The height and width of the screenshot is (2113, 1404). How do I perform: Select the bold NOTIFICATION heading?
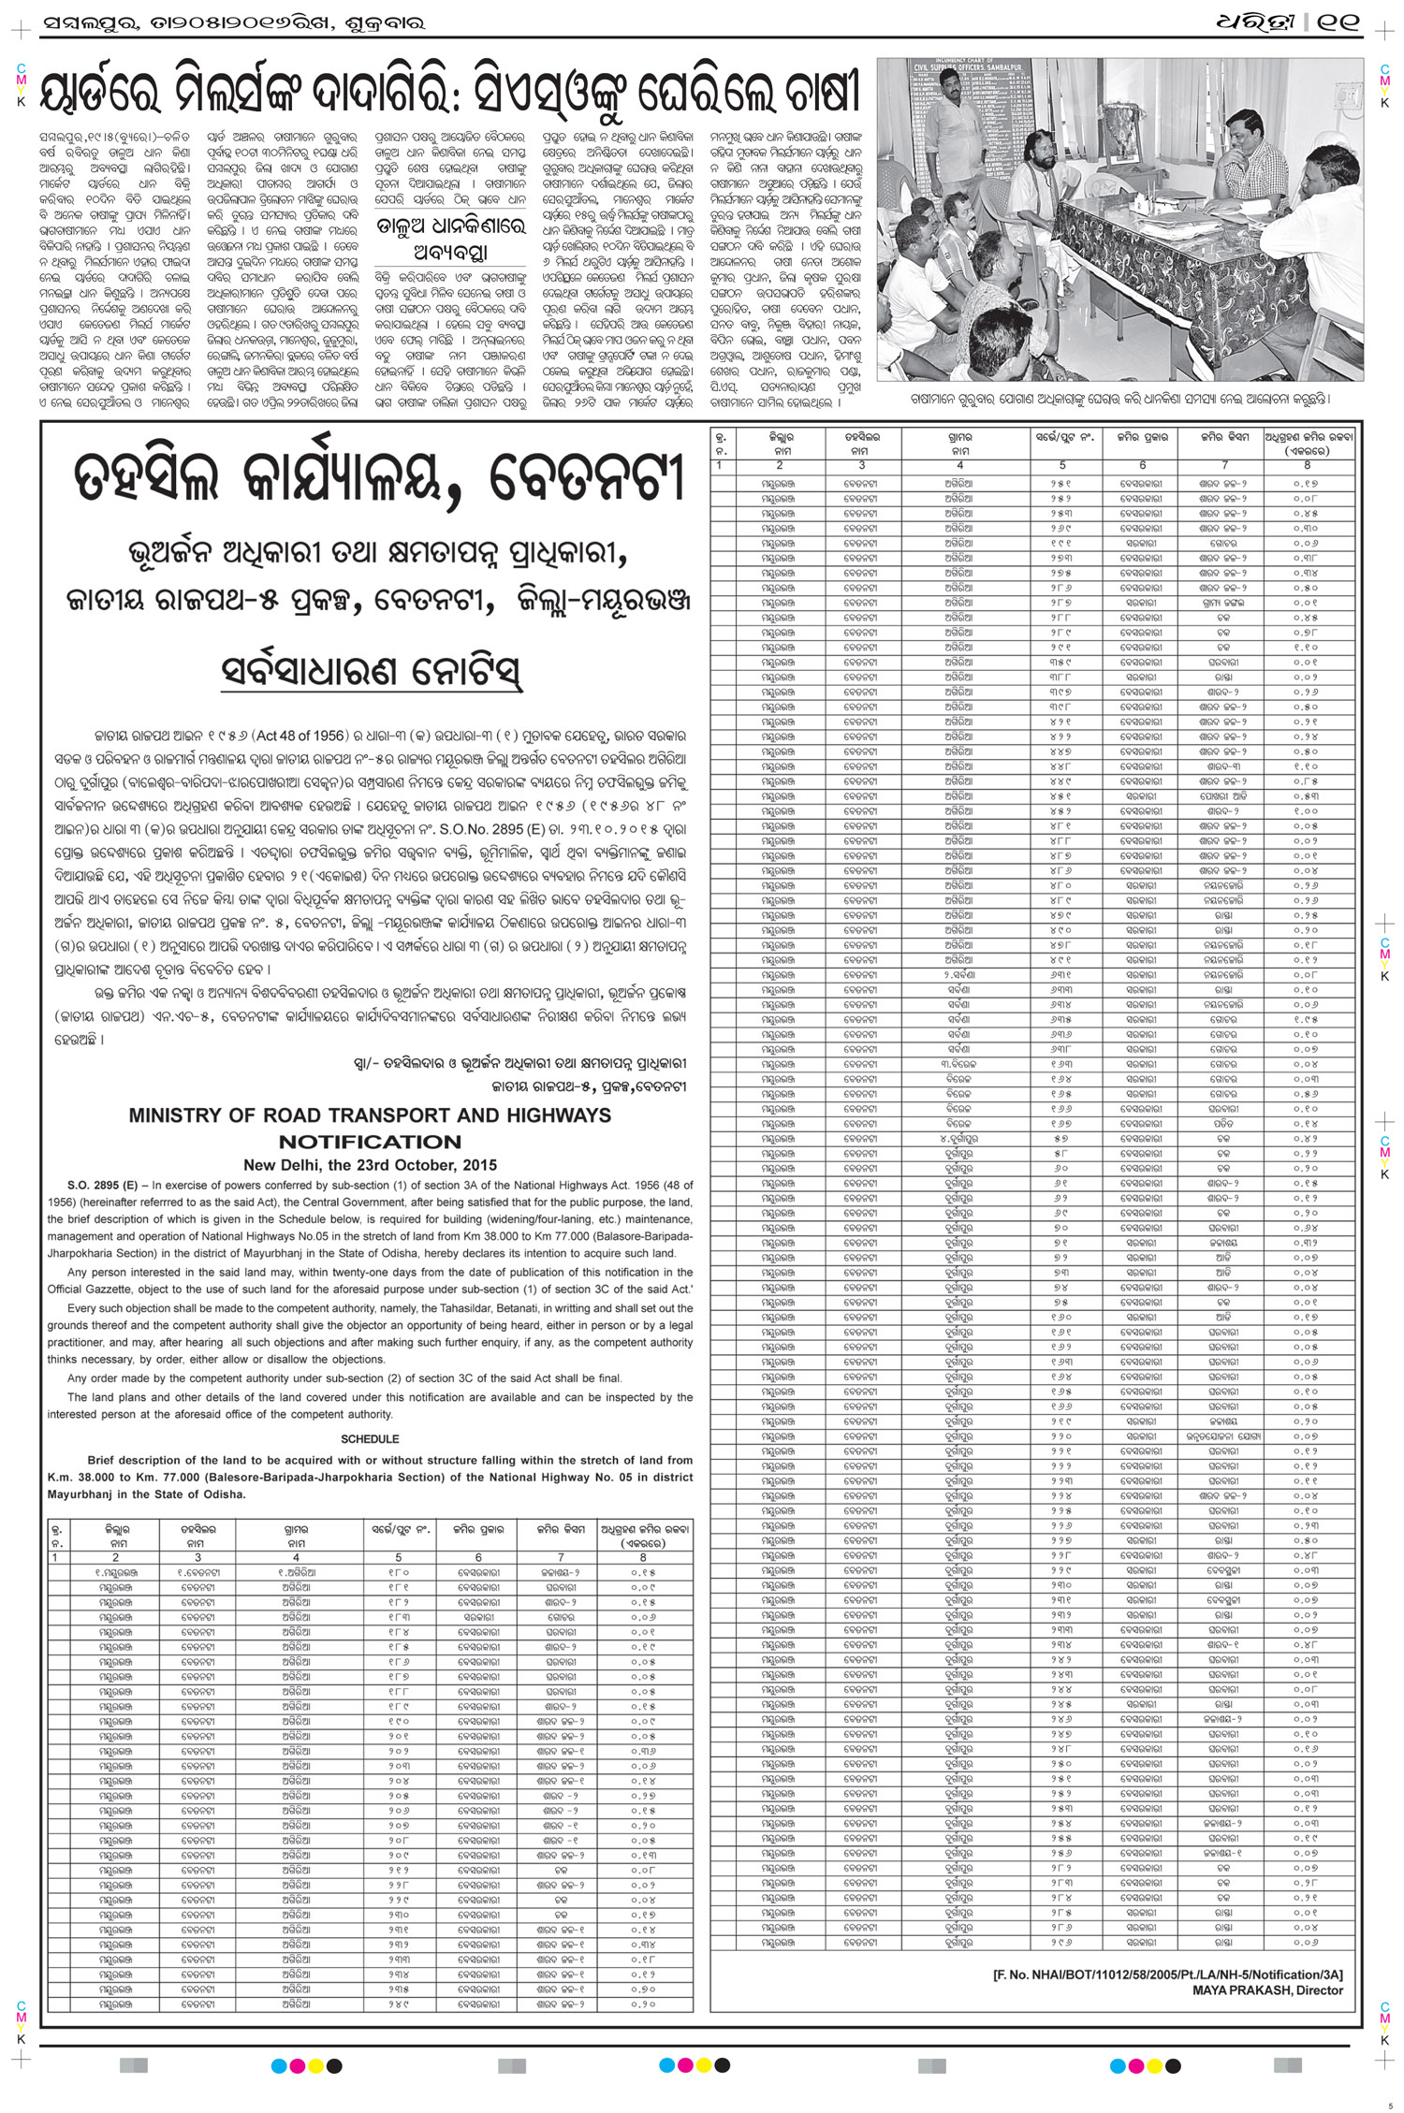pyautogui.click(x=370, y=1142)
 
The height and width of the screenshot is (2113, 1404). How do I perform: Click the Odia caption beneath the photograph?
pyautogui.click(x=1119, y=399)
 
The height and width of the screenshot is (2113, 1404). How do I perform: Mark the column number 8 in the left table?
pyautogui.click(x=643, y=1557)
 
